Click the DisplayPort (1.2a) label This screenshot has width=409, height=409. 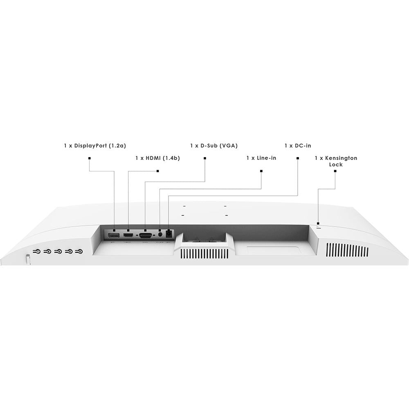pyautogui.click(x=95, y=146)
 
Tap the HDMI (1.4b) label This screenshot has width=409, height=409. pyautogui.click(x=157, y=158)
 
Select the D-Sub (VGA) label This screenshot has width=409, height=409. pyautogui.click(x=214, y=146)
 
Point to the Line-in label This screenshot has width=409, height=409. pyautogui.click(x=261, y=158)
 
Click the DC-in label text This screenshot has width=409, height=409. pyautogui.click(x=298, y=146)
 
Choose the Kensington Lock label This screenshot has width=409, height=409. pyautogui.click(x=336, y=161)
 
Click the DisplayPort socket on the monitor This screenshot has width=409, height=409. pyautogui.click(x=114, y=235)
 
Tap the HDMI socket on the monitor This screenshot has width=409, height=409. pyautogui.click(x=128, y=235)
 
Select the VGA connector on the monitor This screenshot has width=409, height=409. pyautogui.click(x=146, y=236)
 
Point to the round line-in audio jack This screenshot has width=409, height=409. pyautogui.click(x=160, y=234)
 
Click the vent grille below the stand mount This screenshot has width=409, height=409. pyautogui.click(x=204, y=254)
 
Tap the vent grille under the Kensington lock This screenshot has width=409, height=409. pyautogui.click(x=347, y=250)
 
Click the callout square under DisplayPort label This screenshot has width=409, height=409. pyautogui.click(x=90, y=158)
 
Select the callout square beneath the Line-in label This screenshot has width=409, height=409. pyautogui.click(x=261, y=171)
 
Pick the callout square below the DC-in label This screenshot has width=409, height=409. pyautogui.click(x=298, y=158)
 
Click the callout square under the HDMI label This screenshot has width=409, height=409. pyautogui.click(x=157, y=171)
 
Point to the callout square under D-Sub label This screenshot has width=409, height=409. pyautogui.click(x=205, y=158)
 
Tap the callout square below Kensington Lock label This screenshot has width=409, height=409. pyautogui.click(x=335, y=171)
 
